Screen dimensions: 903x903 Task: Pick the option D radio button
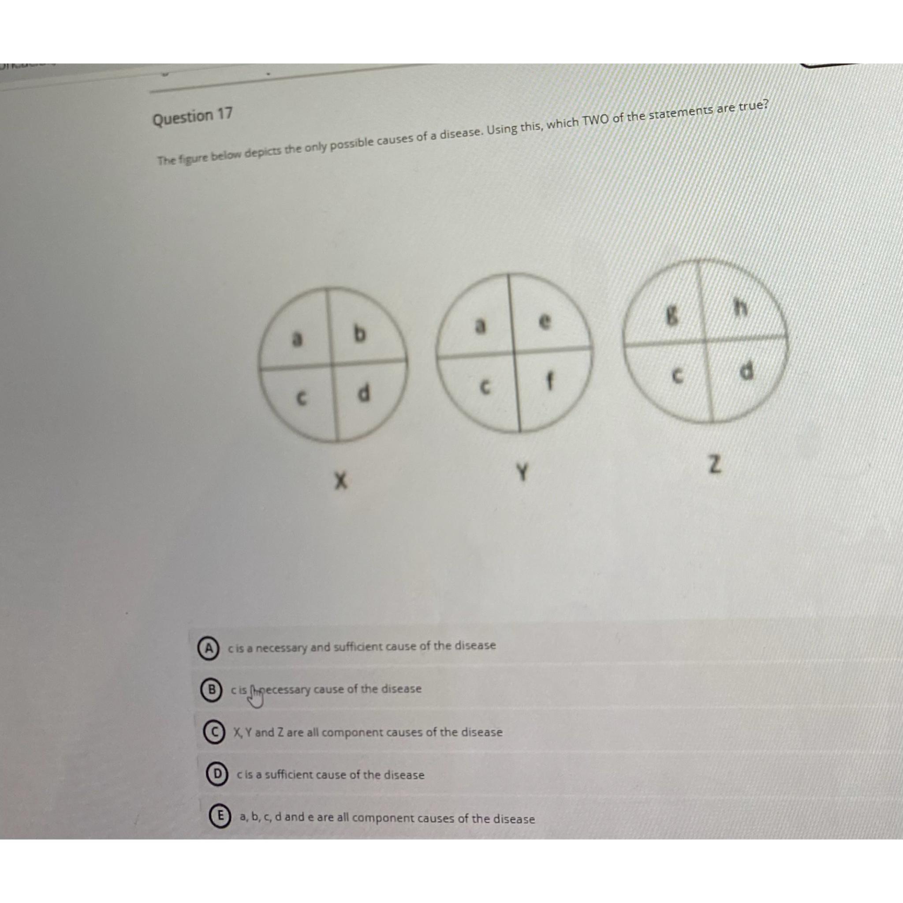217,775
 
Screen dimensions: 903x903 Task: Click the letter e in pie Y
544,322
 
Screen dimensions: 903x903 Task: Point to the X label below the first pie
343,481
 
